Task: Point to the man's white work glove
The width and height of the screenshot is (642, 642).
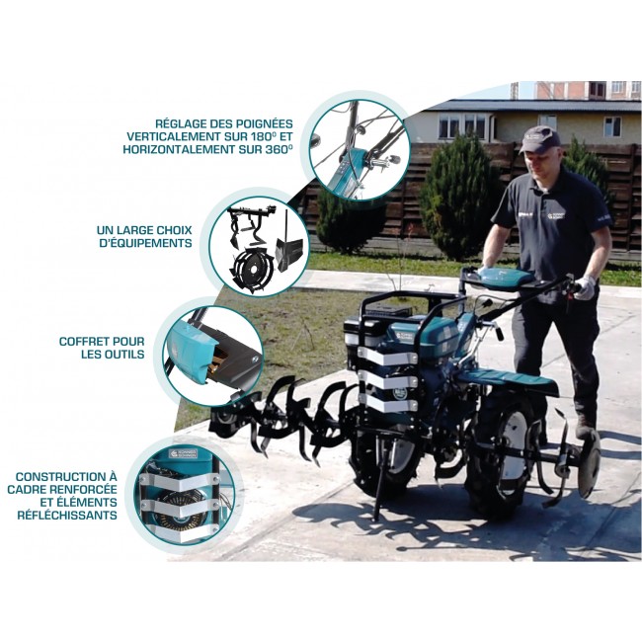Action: coord(586,287)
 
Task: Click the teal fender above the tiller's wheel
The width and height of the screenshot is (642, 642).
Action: coord(508,377)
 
